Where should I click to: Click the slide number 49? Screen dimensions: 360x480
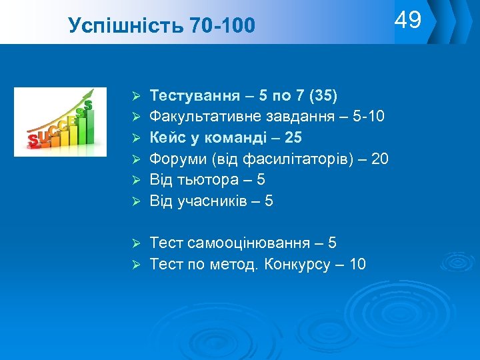click(408, 21)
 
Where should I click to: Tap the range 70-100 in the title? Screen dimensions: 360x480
click(223, 27)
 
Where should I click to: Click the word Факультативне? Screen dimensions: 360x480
click(199, 117)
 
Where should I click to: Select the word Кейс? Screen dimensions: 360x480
click(167, 138)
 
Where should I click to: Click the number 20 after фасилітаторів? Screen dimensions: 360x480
click(379, 159)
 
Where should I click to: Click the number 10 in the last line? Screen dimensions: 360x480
click(357, 265)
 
